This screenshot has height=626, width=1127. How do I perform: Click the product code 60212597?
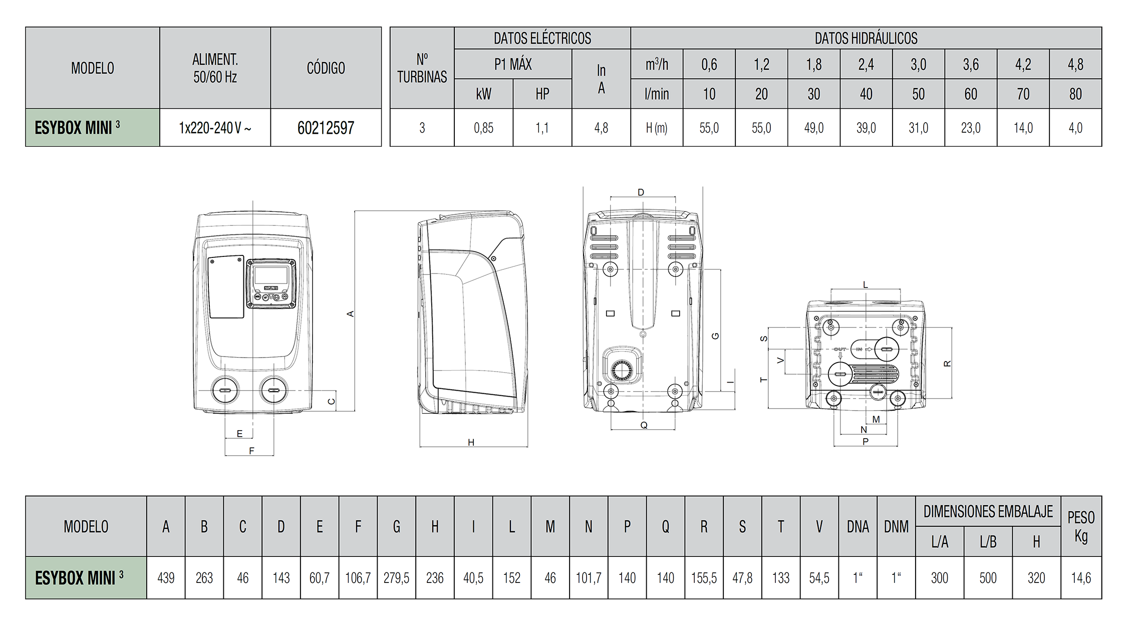click(326, 128)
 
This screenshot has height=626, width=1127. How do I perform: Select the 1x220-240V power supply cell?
click(215, 128)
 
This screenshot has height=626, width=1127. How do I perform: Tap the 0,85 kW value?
click(483, 128)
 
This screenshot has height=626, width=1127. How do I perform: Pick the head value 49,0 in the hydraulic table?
click(813, 128)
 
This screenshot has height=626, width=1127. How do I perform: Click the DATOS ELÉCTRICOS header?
click(542, 39)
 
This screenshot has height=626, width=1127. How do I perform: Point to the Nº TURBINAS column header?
click(422, 68)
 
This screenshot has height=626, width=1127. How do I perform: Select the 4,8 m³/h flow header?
click(1075, 65)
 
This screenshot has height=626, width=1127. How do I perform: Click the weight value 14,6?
click(1081, 578)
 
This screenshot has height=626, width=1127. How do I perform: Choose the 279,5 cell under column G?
click(396, 578)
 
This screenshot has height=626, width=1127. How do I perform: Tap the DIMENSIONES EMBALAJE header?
click(988, 511)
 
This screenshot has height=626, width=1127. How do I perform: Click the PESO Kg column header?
click(1081, 526)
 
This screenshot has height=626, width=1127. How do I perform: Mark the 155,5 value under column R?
click(704, 578)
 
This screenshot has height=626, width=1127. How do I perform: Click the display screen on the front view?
click(270, 275)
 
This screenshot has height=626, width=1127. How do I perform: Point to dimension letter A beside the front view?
click(351, 314)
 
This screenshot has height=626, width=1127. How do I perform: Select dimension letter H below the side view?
click(471, 442)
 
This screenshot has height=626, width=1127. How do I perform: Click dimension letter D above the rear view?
click(641, 192)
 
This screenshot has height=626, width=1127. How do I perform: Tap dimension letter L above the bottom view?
click(865, 285)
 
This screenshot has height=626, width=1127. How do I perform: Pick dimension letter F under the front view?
click(251, 451)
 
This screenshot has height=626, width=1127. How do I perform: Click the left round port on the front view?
click(225, 390)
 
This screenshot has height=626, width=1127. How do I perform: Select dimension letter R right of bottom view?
click(947, 364)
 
